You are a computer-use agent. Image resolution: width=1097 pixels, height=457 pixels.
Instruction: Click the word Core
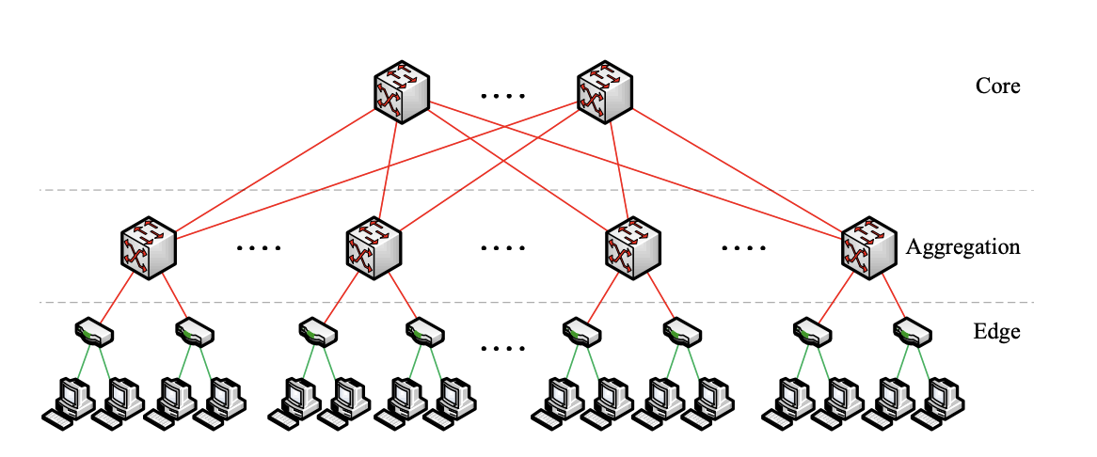[x=997, y=87]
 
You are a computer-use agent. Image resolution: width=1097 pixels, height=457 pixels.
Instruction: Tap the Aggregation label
[x=962, y=247]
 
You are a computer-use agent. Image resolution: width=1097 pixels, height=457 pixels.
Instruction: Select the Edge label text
[x=997, y=331]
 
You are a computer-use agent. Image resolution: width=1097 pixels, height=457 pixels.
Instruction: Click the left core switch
[x=402, y=91]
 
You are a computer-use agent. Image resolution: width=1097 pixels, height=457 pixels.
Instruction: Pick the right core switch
[x=603, y=91]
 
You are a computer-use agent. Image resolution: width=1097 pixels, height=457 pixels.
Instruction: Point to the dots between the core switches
[x=502, y=95]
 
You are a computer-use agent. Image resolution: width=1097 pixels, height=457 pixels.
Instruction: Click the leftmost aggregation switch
[x=149, y=248]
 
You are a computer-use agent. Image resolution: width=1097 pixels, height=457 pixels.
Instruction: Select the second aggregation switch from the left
[x=374, y=248]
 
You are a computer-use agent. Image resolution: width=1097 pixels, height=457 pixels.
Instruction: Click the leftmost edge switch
[x=94, y=331]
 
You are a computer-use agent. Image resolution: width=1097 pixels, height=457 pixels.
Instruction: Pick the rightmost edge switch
[x=911, y=331]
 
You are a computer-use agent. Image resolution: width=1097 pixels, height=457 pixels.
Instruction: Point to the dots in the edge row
[x=502, y=349]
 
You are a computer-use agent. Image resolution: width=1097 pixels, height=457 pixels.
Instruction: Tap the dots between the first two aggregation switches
[x=259, y=248]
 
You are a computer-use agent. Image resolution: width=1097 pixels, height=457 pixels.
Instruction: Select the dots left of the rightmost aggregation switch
[x=744, y=248]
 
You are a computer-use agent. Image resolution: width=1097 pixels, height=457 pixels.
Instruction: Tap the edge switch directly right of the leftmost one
[x=195, y=331]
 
